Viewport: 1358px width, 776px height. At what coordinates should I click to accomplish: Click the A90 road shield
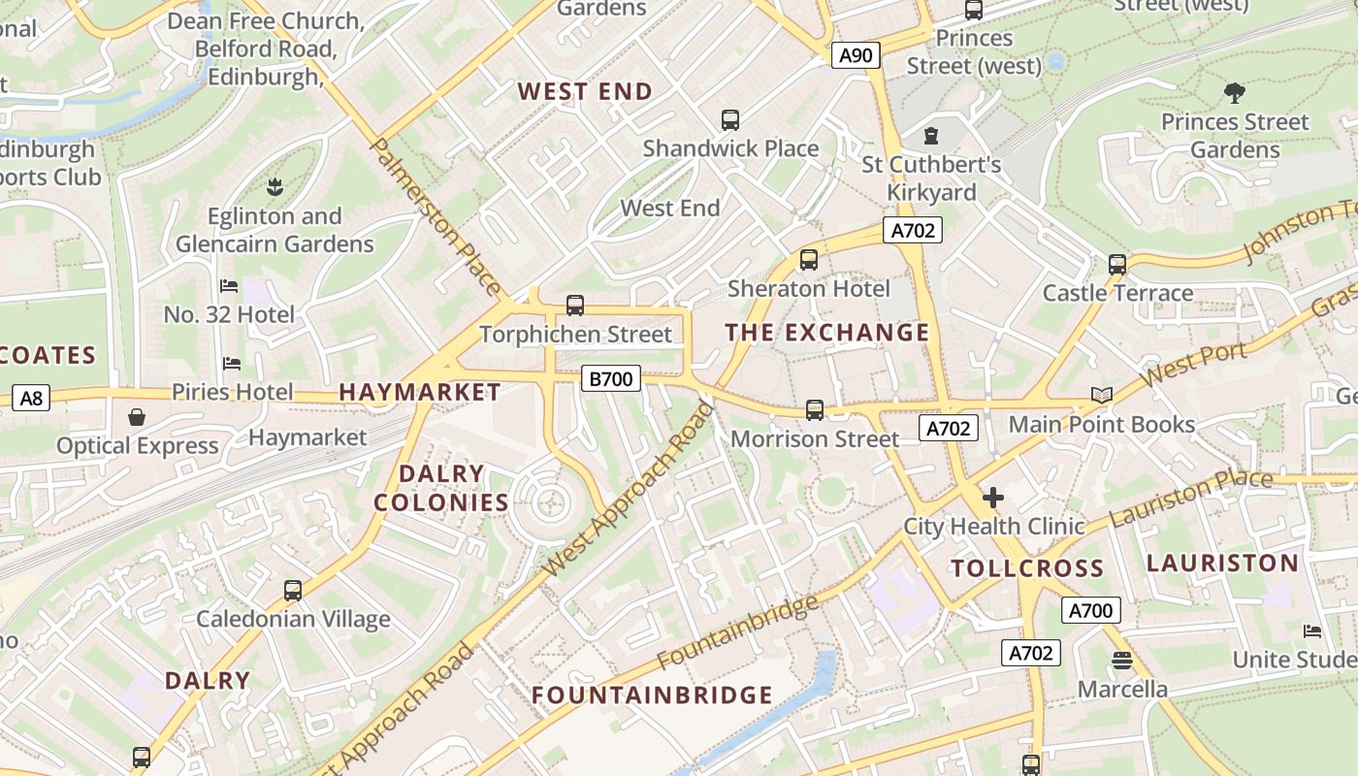coord(856,55)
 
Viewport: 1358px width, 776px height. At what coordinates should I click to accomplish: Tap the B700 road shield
coord(611,378)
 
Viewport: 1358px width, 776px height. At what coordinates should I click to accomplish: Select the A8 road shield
coord(32,397)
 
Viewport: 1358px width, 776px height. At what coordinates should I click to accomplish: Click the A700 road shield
coord(1091,610)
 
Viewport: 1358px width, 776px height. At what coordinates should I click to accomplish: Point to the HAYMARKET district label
coord(420,392)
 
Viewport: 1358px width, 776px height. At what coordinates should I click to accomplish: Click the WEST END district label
coord(585,92)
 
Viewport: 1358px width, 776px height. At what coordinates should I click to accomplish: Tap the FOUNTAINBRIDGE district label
coord(653,695)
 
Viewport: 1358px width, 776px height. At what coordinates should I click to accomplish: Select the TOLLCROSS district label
coord(1027,568)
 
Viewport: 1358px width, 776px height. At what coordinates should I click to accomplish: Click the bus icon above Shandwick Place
coord(730,120)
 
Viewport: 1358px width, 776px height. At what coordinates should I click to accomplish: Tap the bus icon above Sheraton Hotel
coord(808,260)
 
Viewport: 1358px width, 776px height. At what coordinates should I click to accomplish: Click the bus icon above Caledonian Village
coord(292,590)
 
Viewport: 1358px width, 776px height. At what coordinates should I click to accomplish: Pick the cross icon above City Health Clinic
coord(992,498)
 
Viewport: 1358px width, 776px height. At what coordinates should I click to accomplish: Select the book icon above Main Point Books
coord(1101,395)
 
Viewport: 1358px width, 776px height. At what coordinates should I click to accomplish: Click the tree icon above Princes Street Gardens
coord(1234,93)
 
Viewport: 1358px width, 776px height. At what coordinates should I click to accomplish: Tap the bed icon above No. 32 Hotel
coord(229,285)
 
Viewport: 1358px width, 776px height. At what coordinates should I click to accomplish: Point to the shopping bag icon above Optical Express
coord(137,417)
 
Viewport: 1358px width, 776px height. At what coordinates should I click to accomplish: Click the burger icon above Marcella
coord(1122,661)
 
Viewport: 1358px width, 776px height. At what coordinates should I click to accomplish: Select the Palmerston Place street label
coord(436,217)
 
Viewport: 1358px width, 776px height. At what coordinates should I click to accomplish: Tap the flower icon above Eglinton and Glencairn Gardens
coord(275,185)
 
